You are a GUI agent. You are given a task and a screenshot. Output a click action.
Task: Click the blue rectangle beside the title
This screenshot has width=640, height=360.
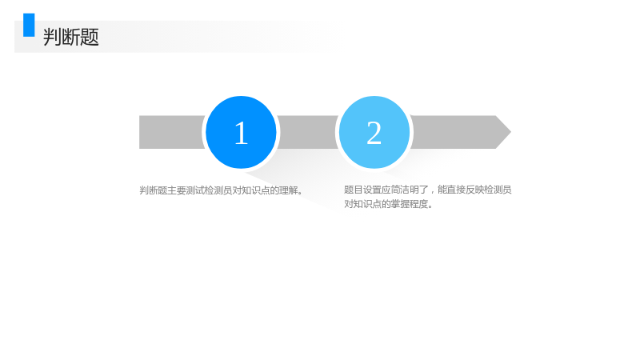[29, 25]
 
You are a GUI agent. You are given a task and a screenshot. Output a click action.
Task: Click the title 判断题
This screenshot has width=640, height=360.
[71, 37]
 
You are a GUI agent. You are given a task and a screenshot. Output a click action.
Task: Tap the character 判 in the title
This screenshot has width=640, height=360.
[52, 37]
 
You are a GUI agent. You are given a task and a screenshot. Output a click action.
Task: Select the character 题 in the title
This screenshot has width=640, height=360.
[90, 37]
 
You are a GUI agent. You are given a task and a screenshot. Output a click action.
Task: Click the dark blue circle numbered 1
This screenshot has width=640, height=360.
[241, 132]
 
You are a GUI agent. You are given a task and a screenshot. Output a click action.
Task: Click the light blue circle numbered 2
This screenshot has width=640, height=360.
[374, 132]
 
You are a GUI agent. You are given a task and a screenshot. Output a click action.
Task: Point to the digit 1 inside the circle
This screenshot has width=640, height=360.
[242, 133]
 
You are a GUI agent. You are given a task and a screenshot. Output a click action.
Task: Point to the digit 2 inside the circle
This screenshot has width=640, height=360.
[374, 133]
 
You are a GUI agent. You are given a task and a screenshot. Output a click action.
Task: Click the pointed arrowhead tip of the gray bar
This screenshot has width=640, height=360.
[511, 132]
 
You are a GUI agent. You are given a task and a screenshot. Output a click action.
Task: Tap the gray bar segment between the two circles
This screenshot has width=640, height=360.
[308, 132]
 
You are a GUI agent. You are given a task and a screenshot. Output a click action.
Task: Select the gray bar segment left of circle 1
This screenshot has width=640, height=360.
[171, 132]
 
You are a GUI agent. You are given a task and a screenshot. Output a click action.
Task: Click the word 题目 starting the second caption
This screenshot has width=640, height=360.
[354, 190]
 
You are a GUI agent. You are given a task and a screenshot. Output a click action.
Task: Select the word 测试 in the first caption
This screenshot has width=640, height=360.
[195, 190]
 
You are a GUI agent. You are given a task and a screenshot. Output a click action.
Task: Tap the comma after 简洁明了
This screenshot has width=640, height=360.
[432, 192]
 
